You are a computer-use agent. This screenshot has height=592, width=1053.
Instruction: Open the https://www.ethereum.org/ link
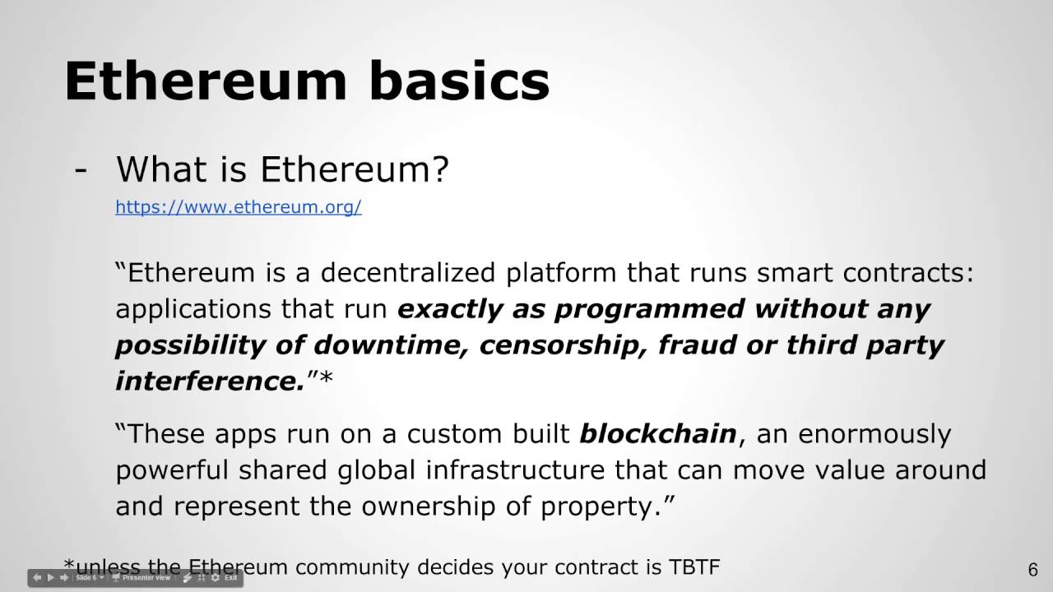(x=238, y=206)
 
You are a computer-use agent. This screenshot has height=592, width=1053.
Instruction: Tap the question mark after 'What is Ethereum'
(x=439, y=169)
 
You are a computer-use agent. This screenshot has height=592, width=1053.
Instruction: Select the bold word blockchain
(x=657, y=433)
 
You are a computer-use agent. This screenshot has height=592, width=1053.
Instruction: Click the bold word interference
(x=210, y=381)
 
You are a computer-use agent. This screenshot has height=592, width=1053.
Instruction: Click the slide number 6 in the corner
(x=1032, y=570)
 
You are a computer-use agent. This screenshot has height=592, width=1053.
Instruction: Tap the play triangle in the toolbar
(x=50, y=578)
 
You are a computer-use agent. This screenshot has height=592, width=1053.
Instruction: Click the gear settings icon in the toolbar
(x=215, y=578)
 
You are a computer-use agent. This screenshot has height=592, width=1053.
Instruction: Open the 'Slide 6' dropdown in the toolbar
(x=89, y=578)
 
